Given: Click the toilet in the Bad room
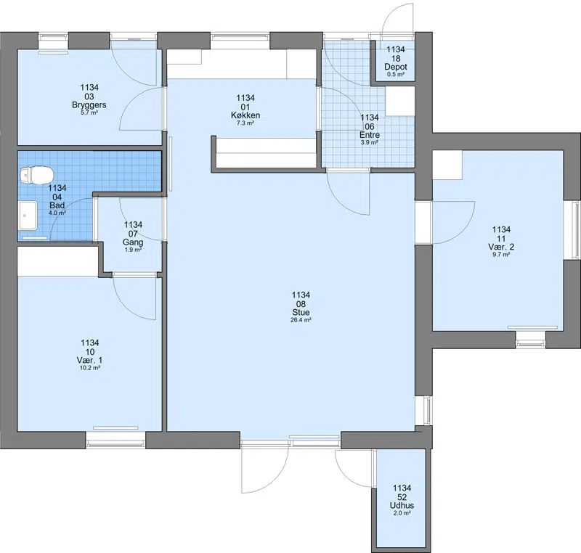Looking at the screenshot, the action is click(37, 175).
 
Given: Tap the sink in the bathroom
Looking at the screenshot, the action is click(28, 216).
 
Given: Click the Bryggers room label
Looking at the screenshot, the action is click(89, 105).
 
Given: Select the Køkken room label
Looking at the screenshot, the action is click(245, 115).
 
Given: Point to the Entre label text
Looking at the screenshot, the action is click(370, 135).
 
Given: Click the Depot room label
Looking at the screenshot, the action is click(396, 67).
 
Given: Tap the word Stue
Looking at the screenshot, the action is click(301, 312).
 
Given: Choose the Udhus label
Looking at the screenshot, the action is click(402, 505).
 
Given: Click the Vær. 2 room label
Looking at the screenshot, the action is click(501, 247).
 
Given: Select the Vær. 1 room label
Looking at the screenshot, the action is click(89, 360).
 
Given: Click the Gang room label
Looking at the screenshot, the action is click(133, 242).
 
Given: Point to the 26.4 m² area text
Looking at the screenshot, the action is click(301, 320).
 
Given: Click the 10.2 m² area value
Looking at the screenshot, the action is click(90, 368).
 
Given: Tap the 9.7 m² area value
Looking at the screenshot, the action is click(501, 255).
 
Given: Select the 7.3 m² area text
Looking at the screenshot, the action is click(245, 123).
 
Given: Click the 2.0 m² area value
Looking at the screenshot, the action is click(402, 513).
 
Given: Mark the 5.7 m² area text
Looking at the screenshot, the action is click(89, 112).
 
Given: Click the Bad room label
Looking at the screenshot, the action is click(57, 205).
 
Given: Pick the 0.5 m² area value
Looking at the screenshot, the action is click(396, 75).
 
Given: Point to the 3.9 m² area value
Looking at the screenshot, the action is click(370, 142).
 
